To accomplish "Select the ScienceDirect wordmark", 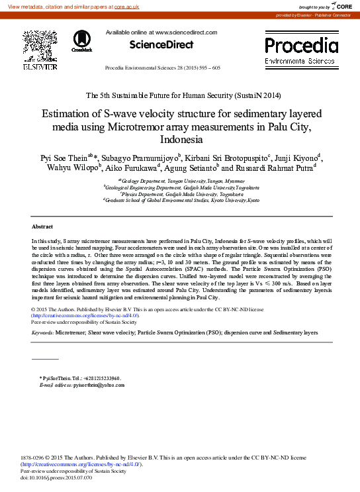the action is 161,45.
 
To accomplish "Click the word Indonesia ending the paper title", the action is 180,140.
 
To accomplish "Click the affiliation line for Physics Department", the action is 180,193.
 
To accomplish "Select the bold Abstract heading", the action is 42,226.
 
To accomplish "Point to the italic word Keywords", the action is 43,333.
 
